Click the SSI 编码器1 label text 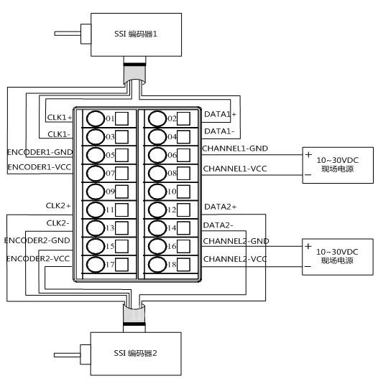pos(136,34)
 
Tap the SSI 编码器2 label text pos(135,353)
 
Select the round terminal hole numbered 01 pos(95,118)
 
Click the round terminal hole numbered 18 pos(157,264)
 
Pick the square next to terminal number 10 pos(183,192)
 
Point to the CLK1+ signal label pos(60,118)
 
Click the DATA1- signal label pos(219,131)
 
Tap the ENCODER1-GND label pos(40,152)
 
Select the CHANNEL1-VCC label pos(235,169)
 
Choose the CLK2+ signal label pos(58,205)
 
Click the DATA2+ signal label pos(221,207)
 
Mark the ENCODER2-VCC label pos(38,259)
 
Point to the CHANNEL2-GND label pos(236,241)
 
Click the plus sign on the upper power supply pos(308,154)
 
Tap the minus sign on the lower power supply pos(308,266)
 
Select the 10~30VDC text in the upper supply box pos(337,160)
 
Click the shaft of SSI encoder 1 pos(68,34)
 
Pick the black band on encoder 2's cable pos(134,324)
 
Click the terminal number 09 pos(110,192)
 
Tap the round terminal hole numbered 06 pos(157,155)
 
